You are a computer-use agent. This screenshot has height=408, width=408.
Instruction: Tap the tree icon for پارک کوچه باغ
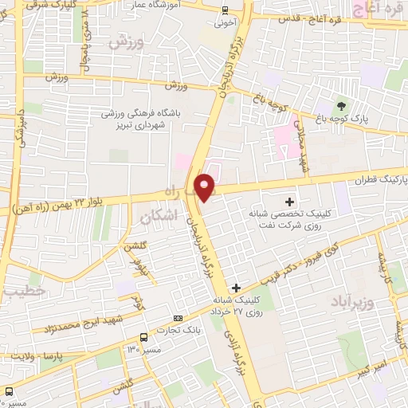point(342,105)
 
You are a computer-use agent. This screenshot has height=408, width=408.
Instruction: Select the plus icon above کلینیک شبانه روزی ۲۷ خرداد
point(235,287)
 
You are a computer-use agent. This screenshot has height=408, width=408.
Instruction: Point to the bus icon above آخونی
point(226,10)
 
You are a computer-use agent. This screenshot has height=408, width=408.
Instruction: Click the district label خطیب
point(20,293)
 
